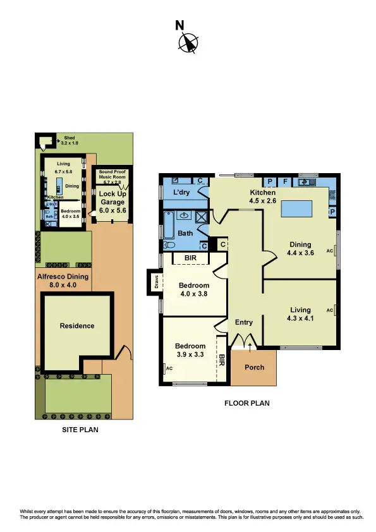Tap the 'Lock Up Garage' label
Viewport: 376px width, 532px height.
pos(112,197)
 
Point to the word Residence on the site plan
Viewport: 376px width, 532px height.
pos(77,326)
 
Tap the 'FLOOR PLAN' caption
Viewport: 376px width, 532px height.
pos(247,402)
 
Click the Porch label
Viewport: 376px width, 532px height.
pos(254,367)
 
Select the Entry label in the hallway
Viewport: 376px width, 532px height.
pos(244,322)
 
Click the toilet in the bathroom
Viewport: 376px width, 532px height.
pos(169,245)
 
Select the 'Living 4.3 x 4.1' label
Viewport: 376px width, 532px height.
pos(301,314)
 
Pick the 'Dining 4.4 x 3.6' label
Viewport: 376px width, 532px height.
pos(301,248)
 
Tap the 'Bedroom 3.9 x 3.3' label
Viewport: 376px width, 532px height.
pos(190,350)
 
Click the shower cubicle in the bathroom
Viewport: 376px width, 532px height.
pos(202,219)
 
